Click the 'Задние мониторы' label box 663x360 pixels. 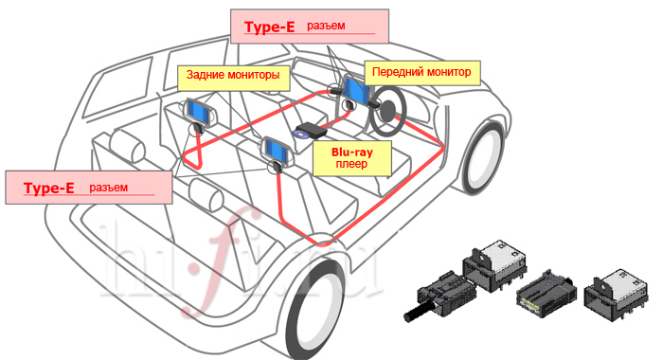233,78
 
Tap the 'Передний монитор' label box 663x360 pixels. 422,73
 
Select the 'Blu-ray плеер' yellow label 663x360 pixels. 351,158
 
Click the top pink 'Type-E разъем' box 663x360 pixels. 310,27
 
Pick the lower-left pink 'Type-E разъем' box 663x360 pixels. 89,188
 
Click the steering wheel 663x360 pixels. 387,111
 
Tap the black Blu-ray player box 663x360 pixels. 311,130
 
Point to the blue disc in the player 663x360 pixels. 300,135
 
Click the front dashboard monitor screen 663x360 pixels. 355,90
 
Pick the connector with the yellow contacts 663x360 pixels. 545,295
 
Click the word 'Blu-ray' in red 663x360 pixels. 352,153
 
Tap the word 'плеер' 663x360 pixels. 351,164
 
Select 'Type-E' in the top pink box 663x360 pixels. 269,27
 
